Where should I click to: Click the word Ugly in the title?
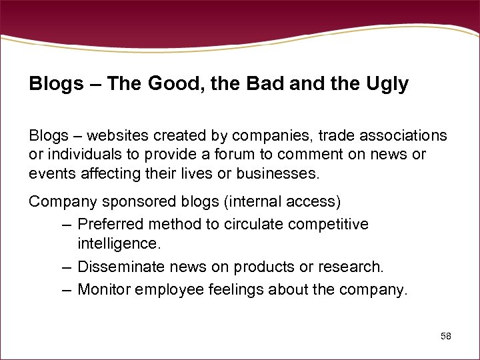(387, 85)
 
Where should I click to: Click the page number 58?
(446, 336)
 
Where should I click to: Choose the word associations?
(403, 135)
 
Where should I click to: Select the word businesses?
(275, 174)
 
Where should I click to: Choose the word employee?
(165, 289)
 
